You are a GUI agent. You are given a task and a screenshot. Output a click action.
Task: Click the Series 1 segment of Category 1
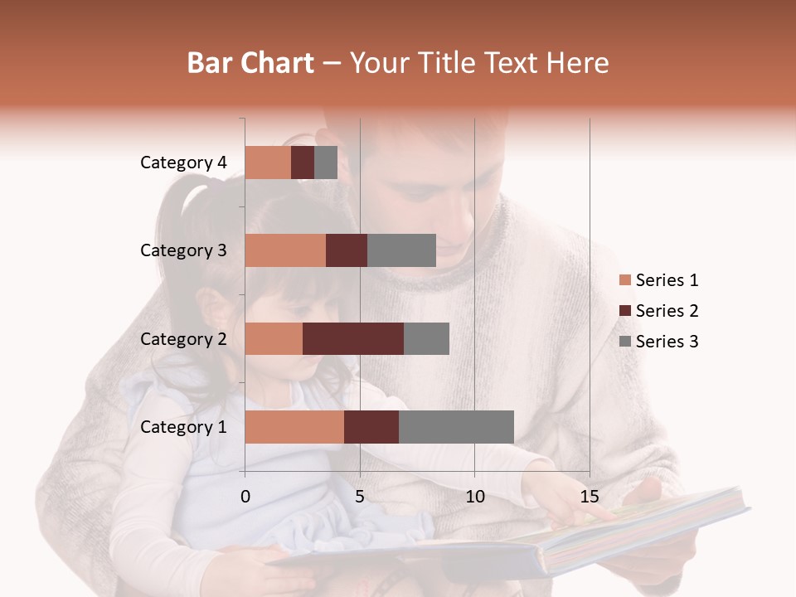tap(294, 427)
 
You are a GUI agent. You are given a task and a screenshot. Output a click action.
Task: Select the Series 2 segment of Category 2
tap(353, 338)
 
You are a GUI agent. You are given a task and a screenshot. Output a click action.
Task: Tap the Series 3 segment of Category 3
tap(401, 250)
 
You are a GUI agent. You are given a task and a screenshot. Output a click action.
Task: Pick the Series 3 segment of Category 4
tap(326, 163)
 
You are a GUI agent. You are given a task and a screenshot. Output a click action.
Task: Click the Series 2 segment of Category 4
tap(303, 163)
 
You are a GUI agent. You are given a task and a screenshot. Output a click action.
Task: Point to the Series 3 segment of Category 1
tap(456, 427)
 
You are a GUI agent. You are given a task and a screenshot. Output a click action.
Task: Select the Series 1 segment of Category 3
tap(285, 250)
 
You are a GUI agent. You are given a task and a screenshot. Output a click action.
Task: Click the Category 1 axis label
tap(183, 427)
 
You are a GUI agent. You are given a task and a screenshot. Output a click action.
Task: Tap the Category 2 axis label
tap(183, 338)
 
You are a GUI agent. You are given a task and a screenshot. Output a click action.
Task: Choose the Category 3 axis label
tap(183, 250)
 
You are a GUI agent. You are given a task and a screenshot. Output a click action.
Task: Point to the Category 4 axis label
tap(183, 163)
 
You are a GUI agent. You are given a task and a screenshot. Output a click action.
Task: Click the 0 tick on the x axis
tap(245, 497)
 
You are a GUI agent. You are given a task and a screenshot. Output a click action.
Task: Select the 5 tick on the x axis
tap(360, 497)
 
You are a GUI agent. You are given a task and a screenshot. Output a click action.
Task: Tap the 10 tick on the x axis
tap(474, 497)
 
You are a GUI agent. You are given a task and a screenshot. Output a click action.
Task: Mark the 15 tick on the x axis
tap(589, 497)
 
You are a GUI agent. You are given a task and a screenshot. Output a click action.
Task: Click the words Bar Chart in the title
tap(250, 63)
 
